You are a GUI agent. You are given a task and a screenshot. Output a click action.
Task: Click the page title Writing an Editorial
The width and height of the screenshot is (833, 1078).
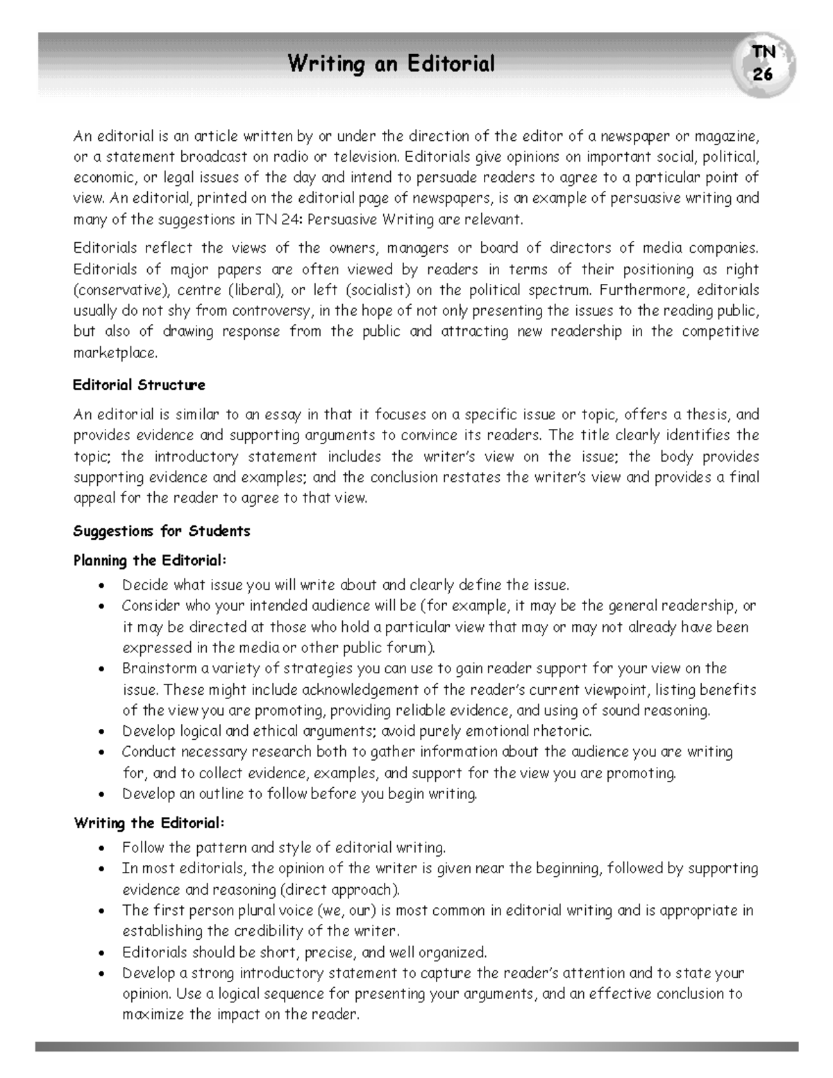coord(392,65)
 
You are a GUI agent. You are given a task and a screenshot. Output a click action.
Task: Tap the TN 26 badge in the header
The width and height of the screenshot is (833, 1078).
coord(763,63)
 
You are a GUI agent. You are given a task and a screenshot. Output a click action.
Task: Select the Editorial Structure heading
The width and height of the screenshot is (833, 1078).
coord(139,385)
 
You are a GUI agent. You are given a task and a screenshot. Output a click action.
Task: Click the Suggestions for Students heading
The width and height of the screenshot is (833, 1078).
coord(161,531)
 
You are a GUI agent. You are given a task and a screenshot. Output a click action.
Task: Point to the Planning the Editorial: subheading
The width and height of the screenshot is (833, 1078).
coord(150,560)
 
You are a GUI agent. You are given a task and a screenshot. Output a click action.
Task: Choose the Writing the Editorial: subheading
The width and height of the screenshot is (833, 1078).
coord(149,823)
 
